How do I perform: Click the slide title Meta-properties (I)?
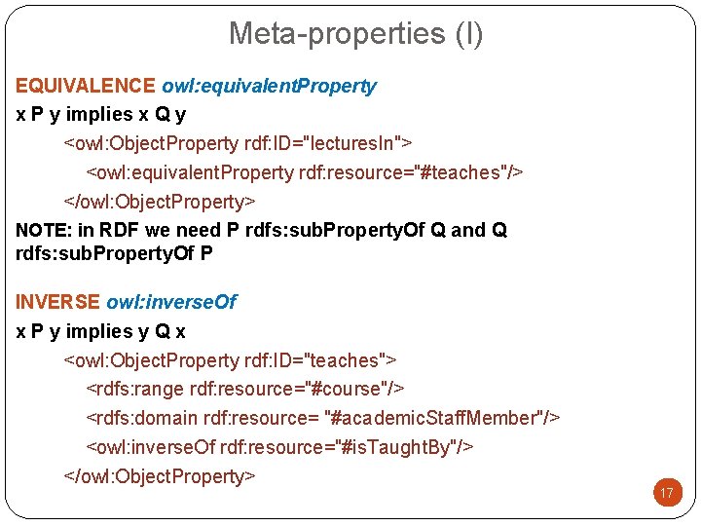point(355,33)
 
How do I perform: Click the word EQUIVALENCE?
point(86,86)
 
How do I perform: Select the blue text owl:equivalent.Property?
point(269,86)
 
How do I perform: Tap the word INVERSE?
point(57,302)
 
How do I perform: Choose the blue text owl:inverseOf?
point(171,302)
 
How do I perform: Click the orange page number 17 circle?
point(667,494)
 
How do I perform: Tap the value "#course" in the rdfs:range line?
point(342,390)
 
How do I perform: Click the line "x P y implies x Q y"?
point(101,114)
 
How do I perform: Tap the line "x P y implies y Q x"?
point(101,331)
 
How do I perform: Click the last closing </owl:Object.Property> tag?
point(160,476)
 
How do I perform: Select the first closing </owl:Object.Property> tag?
point(160,202)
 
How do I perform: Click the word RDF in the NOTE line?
point(120,231)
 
